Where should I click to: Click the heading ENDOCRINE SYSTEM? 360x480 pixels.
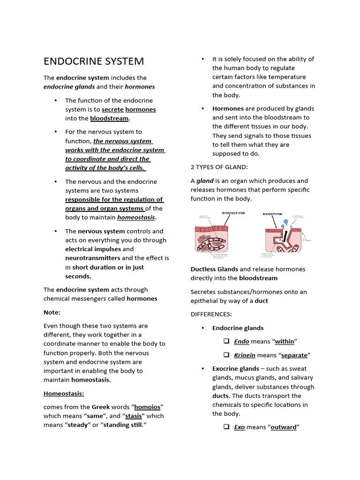94,61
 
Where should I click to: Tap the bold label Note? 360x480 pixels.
52,312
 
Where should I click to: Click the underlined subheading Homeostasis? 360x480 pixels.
64,393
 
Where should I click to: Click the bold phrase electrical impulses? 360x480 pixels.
93,249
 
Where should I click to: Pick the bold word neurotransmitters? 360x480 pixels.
92,258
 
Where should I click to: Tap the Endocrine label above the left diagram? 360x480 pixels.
233,213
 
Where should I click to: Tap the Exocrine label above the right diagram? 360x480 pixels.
272,214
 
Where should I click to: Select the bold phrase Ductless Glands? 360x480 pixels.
214,269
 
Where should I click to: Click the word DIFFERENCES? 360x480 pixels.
211,314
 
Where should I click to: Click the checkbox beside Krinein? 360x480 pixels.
226,355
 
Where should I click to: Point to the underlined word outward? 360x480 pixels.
284,427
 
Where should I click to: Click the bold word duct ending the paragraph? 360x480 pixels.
261,300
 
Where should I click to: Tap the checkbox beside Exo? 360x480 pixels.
226,427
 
